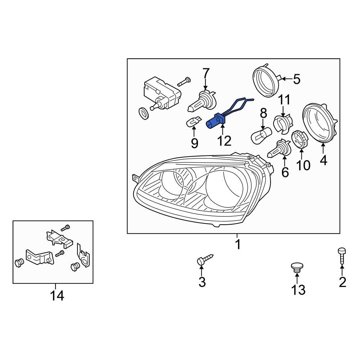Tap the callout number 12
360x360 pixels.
click(x=224, y=141)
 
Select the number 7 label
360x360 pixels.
click(x=206, y=73)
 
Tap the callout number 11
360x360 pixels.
click(x=284, y=99)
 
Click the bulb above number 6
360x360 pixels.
click(x=279, y=149)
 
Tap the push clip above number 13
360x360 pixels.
click(x=297, y=267)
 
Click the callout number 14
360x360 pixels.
click(x=57, y=296)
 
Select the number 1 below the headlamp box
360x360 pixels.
click(x=237, y=245)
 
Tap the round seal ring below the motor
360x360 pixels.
click(x=144, y=114)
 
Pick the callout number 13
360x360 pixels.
click(x=298, y=289)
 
